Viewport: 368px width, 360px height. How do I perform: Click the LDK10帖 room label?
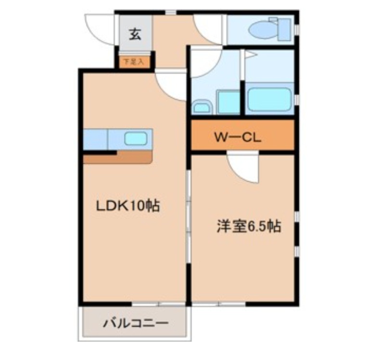(127, 206)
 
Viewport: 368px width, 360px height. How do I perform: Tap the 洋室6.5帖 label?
(248, 226)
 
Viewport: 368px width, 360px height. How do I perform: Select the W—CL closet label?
(237, 137)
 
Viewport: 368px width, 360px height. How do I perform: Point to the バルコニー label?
(135, 323)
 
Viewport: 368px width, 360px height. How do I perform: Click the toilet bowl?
(262, 30)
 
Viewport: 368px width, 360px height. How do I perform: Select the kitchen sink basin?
(136, 139)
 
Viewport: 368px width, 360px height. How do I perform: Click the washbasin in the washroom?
(202, 107)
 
